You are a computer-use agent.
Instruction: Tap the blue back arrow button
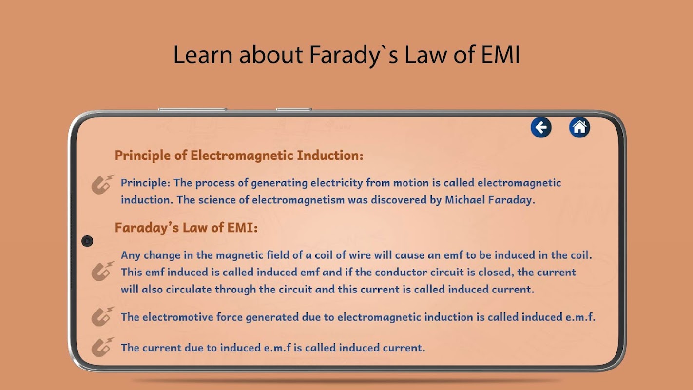point(541,127)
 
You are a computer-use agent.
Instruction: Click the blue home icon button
point(579,127)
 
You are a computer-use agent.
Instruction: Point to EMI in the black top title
point(500,55)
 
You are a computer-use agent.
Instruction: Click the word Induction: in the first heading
point(330,155)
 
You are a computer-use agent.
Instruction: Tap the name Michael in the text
point(465,200)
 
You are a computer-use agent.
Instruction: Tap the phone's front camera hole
point(87,241)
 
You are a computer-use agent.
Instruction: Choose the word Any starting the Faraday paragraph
point(130,255)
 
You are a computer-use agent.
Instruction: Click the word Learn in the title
point(203,55)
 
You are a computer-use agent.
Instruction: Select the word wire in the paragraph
point(360,255)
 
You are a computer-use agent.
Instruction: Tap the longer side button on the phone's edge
point(192,109)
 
